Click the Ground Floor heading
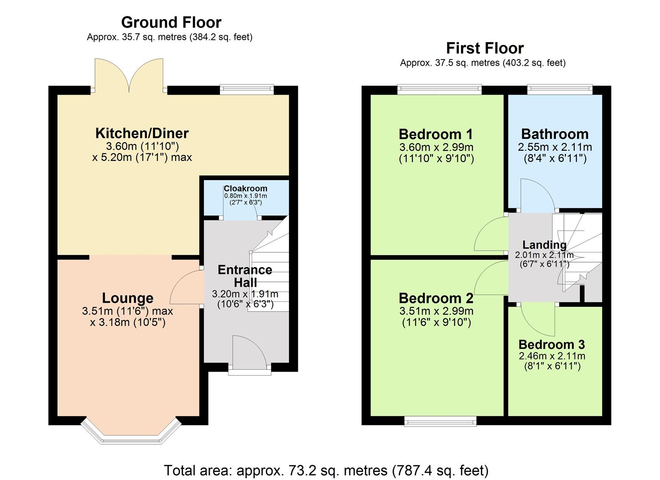click(171, 22)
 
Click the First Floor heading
click(484, 48)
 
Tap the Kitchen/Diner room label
click(142, 133)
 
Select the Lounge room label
click(128, 298)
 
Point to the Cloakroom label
click(245, 188)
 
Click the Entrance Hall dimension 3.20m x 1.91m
click(245, 294)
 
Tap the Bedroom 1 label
click(436, 134)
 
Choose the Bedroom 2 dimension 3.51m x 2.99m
click(436, 311)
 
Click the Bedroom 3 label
click(552, 344)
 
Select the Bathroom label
click(555, 134)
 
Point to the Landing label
click(544, 245)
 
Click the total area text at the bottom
click(326, 470)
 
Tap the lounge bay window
click(132, 433)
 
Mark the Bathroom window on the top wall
click(560, 90)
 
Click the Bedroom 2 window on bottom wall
click(440, 421)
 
